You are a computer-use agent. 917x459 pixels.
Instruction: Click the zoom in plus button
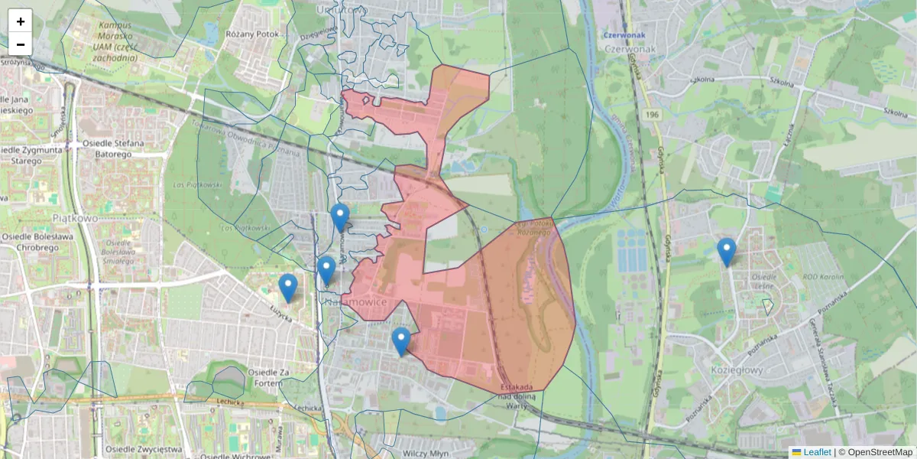[21, 21]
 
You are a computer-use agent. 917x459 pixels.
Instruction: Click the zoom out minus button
[21, 44]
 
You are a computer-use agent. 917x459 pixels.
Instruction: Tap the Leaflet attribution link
[817, 452]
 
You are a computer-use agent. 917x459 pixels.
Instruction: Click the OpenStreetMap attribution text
[879, 452]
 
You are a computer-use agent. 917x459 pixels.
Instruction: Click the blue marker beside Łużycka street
[288, 288]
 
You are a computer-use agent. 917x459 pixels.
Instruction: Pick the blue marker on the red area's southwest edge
[400, 342]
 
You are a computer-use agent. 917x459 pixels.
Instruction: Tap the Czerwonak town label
[626, 48]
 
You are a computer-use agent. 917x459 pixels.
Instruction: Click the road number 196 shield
[651, 114]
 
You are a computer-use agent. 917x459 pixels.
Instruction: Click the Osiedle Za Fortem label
[262, 376]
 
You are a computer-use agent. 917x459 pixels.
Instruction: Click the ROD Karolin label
[821, 277]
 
